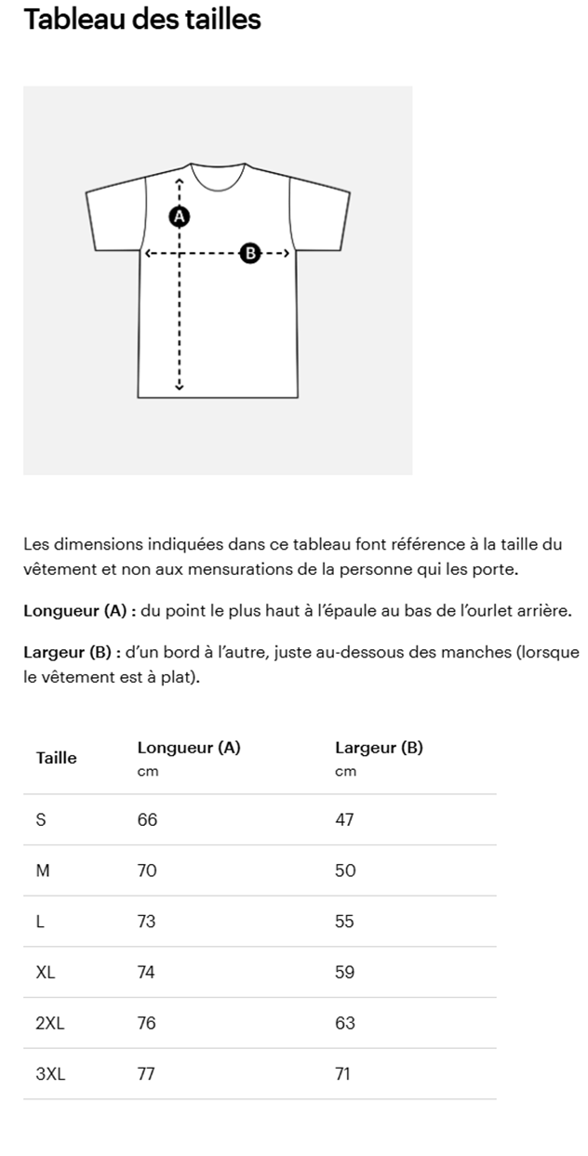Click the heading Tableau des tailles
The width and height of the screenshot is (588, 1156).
click(x=142, y=19)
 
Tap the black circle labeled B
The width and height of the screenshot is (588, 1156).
click(x=248, y=253)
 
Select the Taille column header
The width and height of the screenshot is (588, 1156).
click(x=57, y=758)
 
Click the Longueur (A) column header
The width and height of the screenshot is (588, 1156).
click(x=189, y=748)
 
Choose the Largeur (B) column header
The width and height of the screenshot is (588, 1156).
click(x=379, y=748)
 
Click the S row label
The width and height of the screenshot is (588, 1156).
click(x=41, y=820)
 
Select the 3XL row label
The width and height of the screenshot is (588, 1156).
click(x=51, y=1074)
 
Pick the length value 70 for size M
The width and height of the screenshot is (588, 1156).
click(x=147, y=871)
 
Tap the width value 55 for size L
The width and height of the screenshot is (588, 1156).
click(x=345, y=922)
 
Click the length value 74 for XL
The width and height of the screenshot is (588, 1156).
click(x=146, y=973)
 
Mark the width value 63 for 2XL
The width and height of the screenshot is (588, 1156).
click(x=345, y=1023)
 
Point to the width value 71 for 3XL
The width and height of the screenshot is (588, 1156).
click(x=342, y=1074)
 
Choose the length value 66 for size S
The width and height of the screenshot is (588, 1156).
click(x=147, y=820)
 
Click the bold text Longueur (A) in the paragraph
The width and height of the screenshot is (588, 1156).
click(x=74, y=611)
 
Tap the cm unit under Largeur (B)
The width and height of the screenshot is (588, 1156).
click(x=345, y=772)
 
